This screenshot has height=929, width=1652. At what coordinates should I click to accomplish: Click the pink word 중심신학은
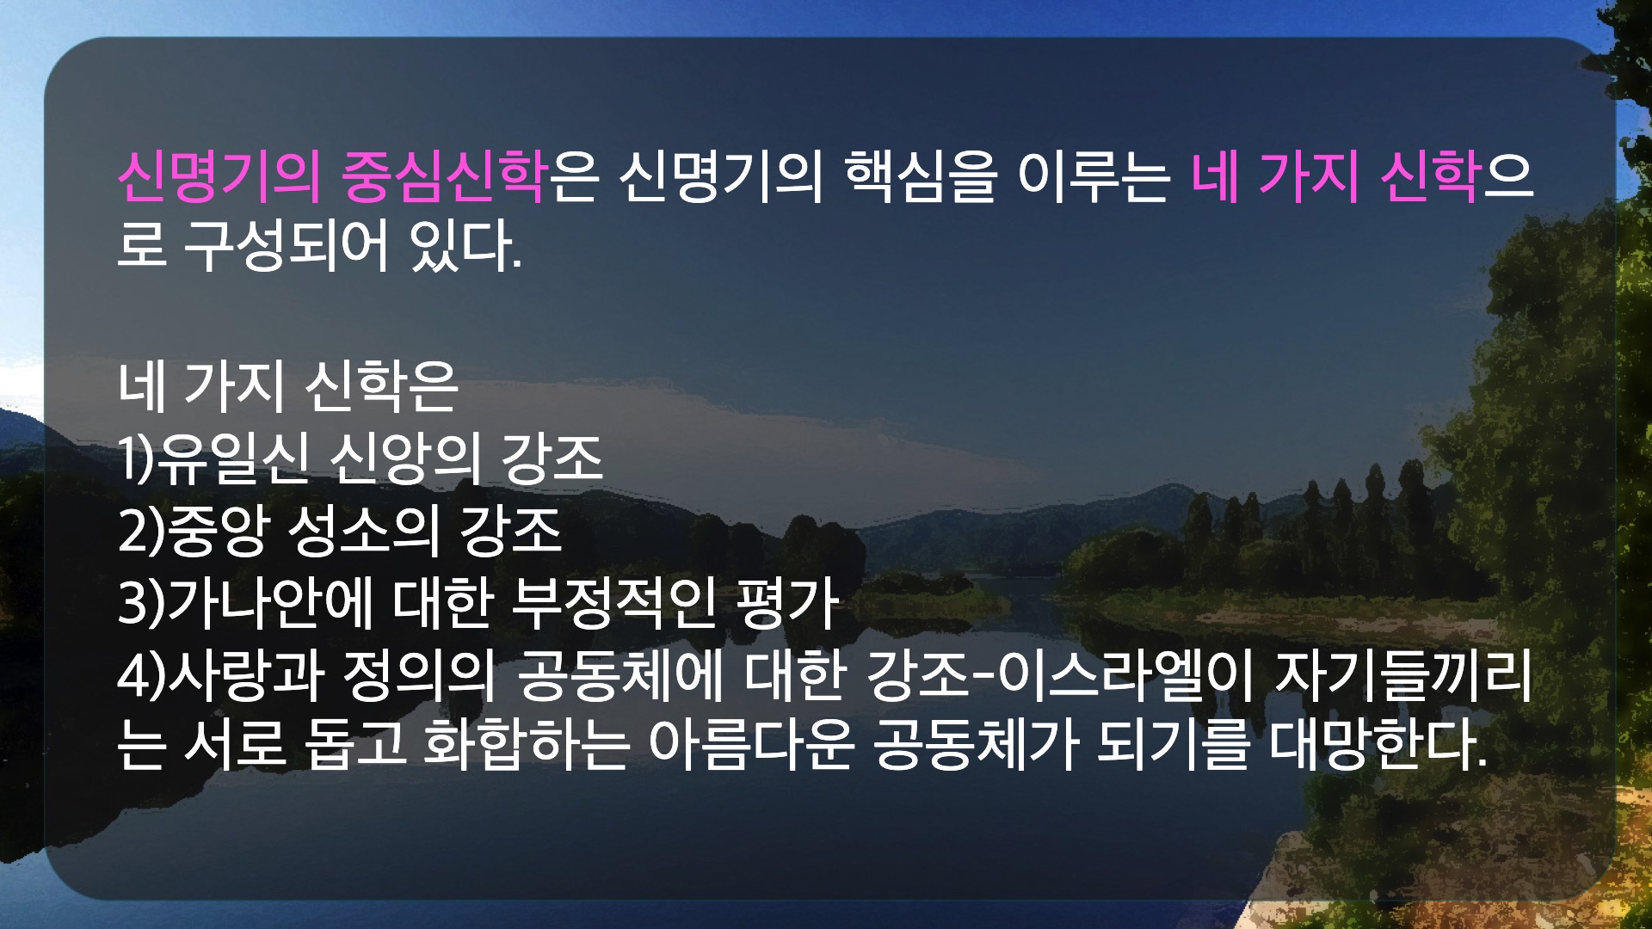click(469, 177)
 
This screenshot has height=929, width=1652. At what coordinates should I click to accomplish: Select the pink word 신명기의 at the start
click(219, 177)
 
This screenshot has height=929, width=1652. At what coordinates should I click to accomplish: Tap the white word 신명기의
click(720, 177)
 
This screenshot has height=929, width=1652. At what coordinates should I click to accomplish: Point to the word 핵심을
click(920, 177)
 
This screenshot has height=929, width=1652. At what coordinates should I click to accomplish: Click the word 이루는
click(1094, 177)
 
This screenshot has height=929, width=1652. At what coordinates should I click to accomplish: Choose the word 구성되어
click(286, 247)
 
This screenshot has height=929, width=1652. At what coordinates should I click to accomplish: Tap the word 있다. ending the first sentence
click(465, 247)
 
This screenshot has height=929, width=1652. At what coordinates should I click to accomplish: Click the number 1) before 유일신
click(137, 458)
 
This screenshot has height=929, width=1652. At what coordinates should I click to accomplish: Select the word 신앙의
click(404, 458)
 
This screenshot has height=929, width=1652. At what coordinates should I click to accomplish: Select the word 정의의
click(419, 674)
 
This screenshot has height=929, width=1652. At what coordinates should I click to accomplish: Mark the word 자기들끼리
click(1403, 674)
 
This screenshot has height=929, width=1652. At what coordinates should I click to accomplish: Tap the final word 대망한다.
click(1378, 744)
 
